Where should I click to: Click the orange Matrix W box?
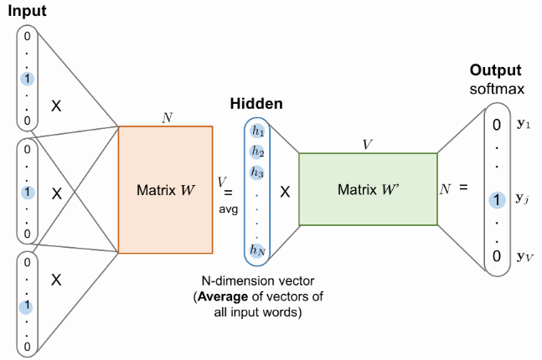pos(166,189)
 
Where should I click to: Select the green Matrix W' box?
pos(367,189)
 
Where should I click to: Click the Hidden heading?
pos(256,104)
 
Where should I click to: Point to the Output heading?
pos(495,70)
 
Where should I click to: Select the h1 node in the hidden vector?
pos(257,132)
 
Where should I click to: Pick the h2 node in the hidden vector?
pos(257,152)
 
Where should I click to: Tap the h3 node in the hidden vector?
pos(257,172)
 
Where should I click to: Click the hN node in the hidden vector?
pos(257,248)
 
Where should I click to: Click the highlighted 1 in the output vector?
pos(498,200)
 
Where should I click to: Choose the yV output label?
pos(526,257)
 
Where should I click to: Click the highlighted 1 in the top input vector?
pos(28,79)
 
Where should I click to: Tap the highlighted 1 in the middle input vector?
pos(28,192)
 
